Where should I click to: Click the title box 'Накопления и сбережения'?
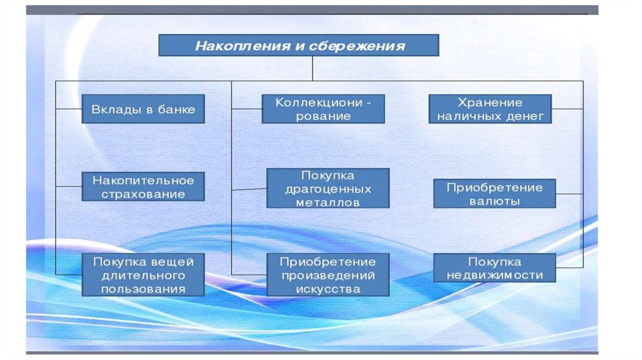point(298,46)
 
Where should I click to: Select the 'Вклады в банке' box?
point(144,109)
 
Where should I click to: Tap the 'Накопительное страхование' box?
point(144,187)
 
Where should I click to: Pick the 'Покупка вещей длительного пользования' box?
point(144,275)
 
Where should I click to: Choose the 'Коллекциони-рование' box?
point(324,109)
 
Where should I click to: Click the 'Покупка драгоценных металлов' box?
point(328,188)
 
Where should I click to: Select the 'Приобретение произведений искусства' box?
point(328,275)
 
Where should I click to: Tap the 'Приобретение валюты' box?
point(495,194)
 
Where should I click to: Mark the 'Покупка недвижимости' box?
point(495,268)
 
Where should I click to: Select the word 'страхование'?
point(144,194)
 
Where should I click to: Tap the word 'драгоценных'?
point(328,189)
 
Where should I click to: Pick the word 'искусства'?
point(328,289)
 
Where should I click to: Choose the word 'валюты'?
point(495,202)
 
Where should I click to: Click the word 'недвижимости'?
point(495,275)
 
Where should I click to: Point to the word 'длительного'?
point(144,275)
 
